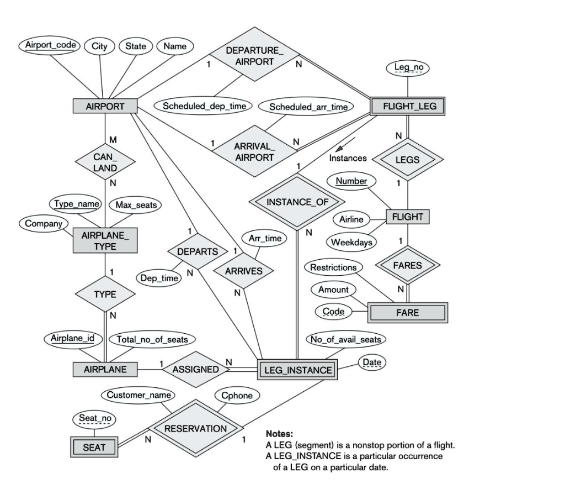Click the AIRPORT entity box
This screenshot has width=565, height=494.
pyautogui.click(x=105, y=106)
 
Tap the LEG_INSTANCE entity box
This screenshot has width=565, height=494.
pyautogui.click(x=297, y=370)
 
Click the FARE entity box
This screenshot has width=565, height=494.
pyautogui.click(x=407, y=312)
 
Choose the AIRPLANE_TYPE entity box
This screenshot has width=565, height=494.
pyautogui.click(x=105, y=241)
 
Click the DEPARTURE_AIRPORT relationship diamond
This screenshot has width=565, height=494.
pyautogui.click(x=254, y=56)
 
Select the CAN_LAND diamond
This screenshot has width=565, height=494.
pyautogui.click(x=105, y=162)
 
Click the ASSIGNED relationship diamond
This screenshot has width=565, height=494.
pyautogui.click(x=196, y=369)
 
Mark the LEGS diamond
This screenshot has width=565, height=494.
pyautogui.click(x=408, y=160)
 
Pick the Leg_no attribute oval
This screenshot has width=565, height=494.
pyautogui.click(x=408, y=67)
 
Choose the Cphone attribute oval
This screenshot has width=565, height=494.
pyautogui.click(x=237, y=396)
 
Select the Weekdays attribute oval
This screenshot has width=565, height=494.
pyautogui.click(x=351, y=242)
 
